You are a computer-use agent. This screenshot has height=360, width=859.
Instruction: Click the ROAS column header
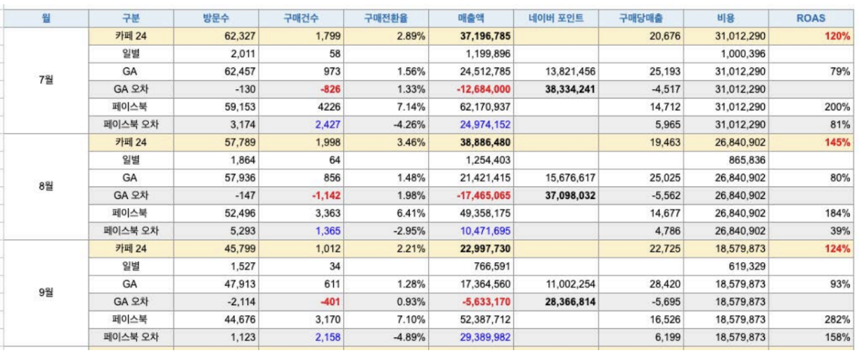(810, 18)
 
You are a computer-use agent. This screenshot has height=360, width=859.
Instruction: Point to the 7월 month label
(46, 79)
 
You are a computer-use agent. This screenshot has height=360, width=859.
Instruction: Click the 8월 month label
(46, 186)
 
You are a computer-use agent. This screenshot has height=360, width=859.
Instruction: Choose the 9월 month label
(46, 292)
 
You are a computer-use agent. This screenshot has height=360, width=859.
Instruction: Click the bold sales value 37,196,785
(480, 36)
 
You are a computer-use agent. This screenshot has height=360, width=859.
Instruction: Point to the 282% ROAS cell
(837, 319)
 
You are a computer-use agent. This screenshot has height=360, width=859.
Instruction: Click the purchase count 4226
(329, 107)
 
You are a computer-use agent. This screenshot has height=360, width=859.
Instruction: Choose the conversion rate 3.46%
(411, 142)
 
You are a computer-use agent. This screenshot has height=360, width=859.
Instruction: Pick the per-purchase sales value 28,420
(664, 284)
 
